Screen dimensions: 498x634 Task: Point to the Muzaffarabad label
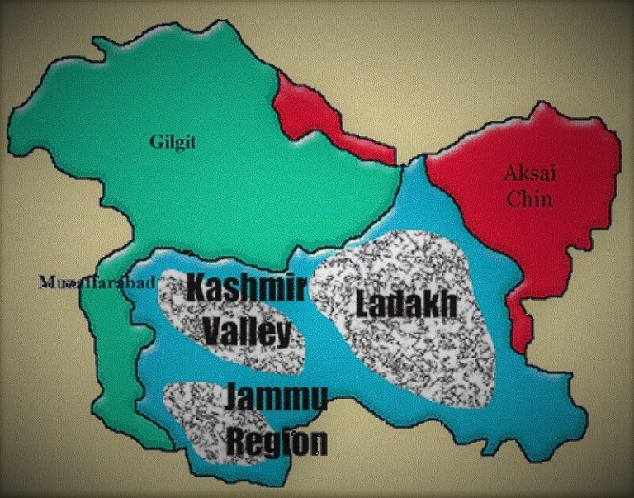point(97,283)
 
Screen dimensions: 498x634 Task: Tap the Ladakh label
point(406,305)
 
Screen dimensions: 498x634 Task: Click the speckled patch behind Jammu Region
point(198,421)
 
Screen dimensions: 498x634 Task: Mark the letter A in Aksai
point(511,173)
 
